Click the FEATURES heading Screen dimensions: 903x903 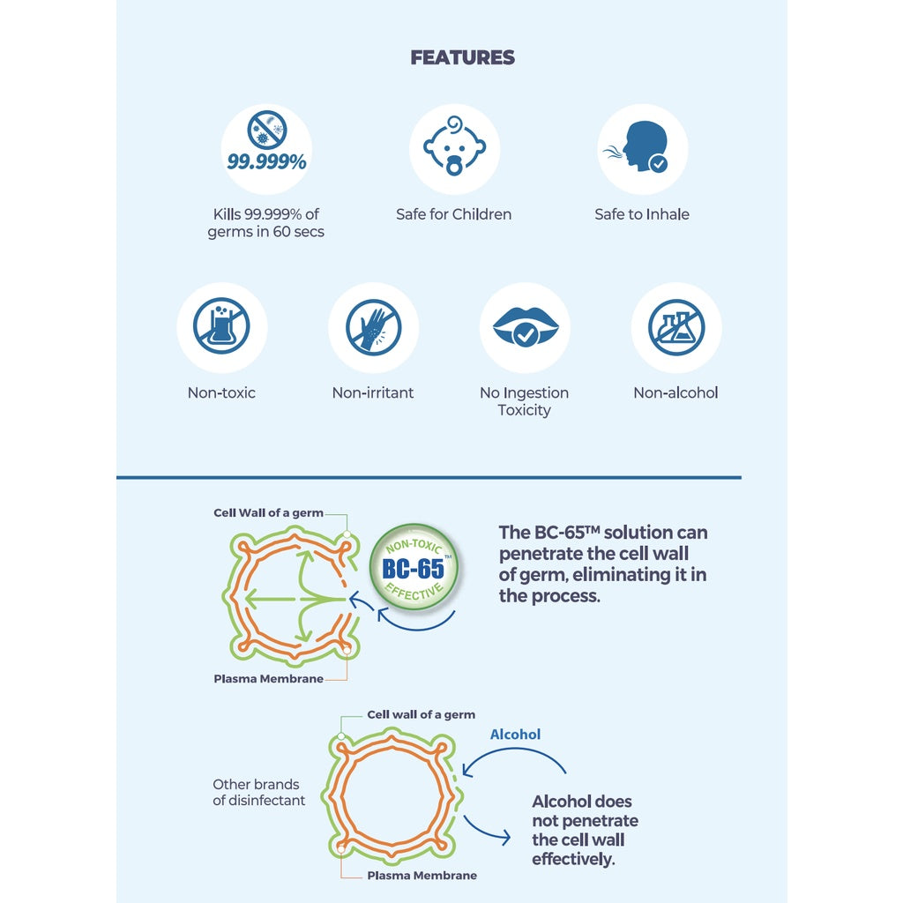(462, 58)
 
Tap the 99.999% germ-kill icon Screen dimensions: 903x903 (266, 147)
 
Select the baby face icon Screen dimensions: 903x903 (454, 147)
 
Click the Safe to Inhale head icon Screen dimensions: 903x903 (642, 147)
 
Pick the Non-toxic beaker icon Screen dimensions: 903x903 (221, 327)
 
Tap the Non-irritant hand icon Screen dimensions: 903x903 (373, 327)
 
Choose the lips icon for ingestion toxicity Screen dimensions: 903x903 (525, 327)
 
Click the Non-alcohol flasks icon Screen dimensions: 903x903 (676, 327)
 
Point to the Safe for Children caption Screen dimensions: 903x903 (454, 214)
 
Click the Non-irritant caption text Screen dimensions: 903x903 (373, 393)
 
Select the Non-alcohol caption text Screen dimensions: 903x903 (676, 393)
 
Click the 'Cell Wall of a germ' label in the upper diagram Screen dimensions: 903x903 (268, 513)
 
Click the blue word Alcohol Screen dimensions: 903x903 (515, 735)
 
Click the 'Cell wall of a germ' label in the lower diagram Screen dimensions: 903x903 (421, 714)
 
